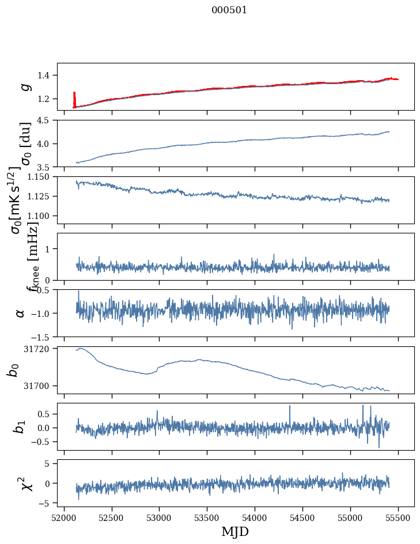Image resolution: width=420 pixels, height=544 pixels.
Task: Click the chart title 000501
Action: click(x=229, y=10)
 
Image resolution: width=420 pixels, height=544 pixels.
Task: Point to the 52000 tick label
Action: click(x=64, y=517)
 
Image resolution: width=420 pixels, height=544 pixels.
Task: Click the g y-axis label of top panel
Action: click(x=24, y=86)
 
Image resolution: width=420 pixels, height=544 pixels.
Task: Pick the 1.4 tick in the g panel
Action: click(x=46, y=75)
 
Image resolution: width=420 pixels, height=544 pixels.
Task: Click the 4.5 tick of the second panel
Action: click(x=46, y=120)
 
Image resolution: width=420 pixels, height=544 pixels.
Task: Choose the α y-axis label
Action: click(x=21, y=313)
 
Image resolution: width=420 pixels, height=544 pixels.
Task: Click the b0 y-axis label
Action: click(x=13, y=370)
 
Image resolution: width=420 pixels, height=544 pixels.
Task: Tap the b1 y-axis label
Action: click(x=21, y=426)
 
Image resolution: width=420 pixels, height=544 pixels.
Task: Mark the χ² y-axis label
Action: click(x=27, y=483)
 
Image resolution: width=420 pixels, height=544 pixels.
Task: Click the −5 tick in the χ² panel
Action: click(x=48, y=503)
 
